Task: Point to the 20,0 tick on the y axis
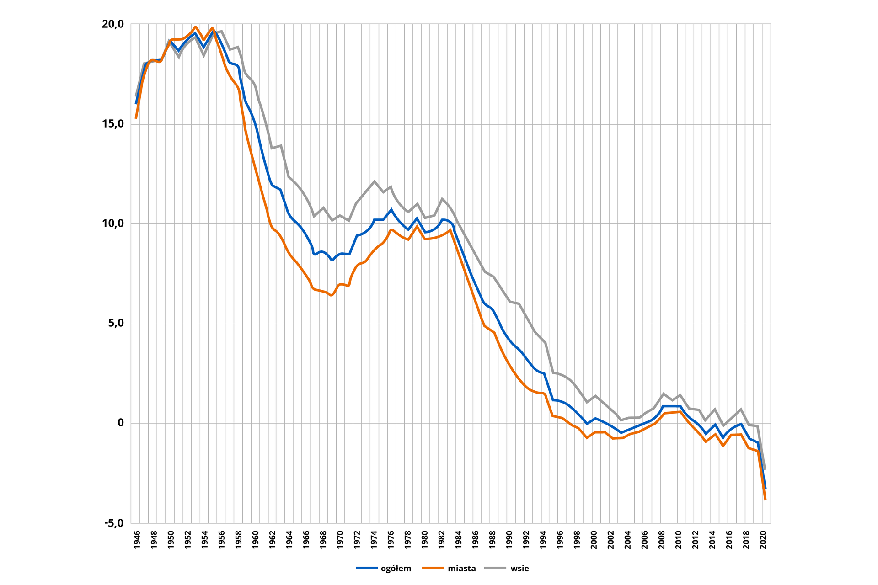point(113,24)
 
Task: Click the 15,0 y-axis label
point(113,124)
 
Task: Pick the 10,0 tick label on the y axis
point(113,223)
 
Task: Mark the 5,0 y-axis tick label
point(115,324)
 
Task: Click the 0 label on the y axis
point(121,423)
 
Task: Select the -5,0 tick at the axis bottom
point(114,523)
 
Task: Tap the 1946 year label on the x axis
point(137,540)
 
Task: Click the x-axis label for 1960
point(255,540)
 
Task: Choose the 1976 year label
point(391,540)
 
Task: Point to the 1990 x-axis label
point(509,540)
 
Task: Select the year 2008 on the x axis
point(662,540)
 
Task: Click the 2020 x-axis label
point(763,540)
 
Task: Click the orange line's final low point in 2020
point(766,500)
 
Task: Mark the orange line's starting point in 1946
point(136,118)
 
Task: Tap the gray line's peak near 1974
point(375,181)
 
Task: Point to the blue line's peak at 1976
point(391,210)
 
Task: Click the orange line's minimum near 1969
point(331,295)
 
